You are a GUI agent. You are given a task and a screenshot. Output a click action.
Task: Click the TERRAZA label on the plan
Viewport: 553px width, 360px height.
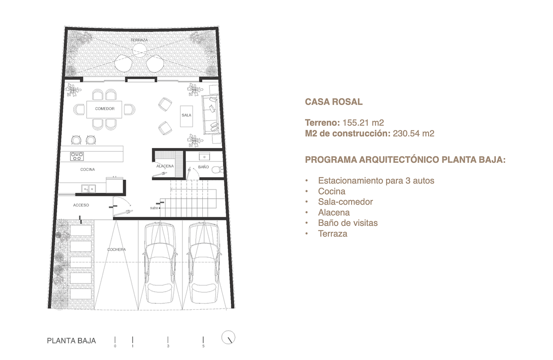[139, 40]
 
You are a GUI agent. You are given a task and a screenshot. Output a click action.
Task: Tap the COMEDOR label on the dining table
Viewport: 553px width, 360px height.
[105, 109]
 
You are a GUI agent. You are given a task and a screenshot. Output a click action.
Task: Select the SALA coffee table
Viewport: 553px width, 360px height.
[186, 116]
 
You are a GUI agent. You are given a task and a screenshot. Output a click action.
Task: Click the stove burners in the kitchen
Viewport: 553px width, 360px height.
[77, 156]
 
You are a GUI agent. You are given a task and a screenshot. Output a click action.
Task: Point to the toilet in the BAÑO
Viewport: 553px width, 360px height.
[218, 169]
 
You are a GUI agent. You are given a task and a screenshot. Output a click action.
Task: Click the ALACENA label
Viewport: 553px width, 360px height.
[165, 166]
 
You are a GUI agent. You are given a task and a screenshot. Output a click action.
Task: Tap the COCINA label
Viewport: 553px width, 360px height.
[88, 169]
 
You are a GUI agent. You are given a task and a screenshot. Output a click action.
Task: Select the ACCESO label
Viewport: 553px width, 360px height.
[81, 205]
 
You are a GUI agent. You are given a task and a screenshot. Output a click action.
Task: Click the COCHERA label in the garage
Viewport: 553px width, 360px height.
[117, 250]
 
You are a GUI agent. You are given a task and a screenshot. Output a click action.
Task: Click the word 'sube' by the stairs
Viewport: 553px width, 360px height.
[154, 208]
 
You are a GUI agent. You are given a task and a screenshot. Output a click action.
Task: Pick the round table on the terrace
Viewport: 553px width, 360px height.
[140, 50]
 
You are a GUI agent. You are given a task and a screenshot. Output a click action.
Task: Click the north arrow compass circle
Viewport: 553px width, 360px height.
[228, 337]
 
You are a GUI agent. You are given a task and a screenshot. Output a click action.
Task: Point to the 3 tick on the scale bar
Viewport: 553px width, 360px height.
[168, 340]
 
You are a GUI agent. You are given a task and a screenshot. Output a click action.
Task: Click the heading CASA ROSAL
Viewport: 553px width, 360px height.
[334, 102]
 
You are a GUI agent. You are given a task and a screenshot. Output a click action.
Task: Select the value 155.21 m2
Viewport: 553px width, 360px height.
[363, 123]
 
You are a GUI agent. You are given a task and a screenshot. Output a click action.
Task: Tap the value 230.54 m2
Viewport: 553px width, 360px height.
[413, 134]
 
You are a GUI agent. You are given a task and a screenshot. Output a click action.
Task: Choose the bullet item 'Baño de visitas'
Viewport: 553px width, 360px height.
[348, 223]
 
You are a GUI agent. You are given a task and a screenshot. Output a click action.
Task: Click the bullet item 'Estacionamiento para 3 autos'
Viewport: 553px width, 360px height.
[376, 181]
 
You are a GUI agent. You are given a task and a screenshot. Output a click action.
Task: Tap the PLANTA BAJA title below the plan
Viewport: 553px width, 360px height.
[71, 341]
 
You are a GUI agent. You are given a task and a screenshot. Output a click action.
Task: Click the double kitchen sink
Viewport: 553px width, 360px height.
[88, 189]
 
